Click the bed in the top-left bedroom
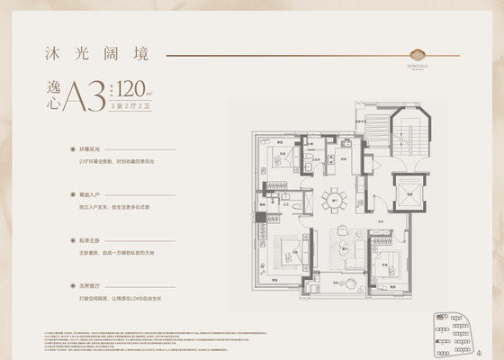tap(280, 162)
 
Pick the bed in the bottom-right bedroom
tap(388, 264)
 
